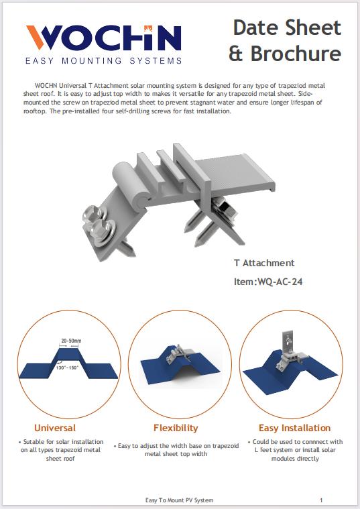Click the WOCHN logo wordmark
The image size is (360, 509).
103,38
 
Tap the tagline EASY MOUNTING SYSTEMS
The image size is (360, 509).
103,61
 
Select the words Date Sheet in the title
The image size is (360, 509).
287,28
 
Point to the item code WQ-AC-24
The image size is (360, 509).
268,282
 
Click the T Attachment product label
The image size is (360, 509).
264,263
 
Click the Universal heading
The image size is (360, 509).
55,428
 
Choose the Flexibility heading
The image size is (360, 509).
176,428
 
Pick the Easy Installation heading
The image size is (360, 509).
294,428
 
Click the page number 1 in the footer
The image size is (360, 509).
321,500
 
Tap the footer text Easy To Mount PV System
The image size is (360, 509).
180,500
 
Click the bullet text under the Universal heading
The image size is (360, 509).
61,451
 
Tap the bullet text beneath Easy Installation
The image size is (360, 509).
295,451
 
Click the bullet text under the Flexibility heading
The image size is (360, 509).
176,449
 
